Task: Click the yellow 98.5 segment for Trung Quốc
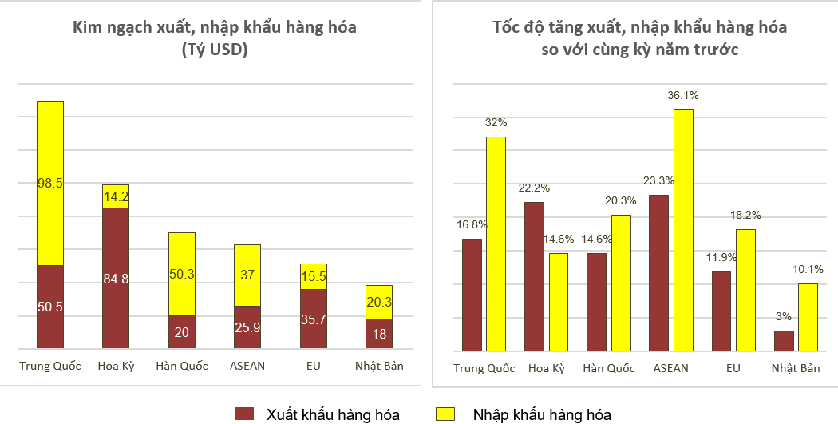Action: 50,184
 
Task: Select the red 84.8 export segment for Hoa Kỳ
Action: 116,278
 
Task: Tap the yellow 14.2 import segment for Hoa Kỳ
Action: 116,196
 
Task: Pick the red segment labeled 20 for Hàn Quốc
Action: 182,332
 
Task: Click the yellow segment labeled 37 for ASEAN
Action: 247,275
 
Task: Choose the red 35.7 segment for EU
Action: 314,319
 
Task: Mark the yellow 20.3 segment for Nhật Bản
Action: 379,302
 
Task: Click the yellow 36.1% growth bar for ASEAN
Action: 683,230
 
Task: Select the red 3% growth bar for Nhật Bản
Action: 785,340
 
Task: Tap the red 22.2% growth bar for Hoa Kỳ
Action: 534,276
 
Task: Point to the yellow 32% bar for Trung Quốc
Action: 496,244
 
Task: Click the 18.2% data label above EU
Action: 745,215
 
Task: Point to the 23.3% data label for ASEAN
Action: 658,180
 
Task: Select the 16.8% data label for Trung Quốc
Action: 472,224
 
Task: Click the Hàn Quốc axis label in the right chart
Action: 609,368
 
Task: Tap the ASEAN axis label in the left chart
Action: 247,366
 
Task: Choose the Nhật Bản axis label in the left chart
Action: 379,366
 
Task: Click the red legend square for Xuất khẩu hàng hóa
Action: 244,414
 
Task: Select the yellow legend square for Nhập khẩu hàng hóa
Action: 445,414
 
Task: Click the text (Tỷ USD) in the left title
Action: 215,50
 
